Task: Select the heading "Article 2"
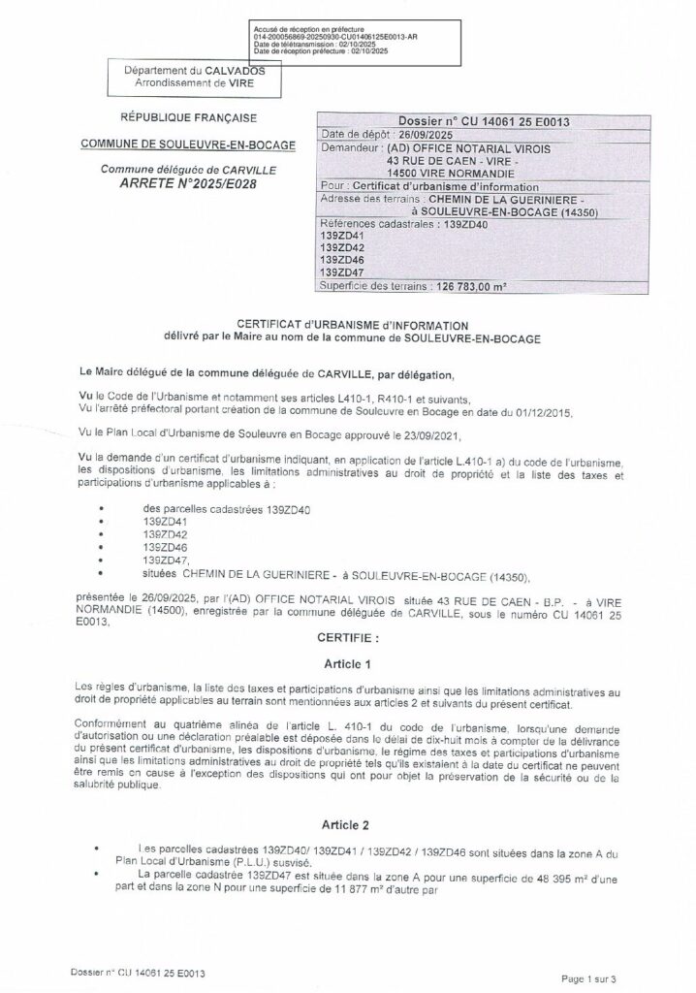(347, 825)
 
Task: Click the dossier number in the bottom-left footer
(142, 971)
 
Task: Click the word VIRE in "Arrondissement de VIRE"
(249, 85)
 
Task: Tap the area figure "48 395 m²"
(524, 876)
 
